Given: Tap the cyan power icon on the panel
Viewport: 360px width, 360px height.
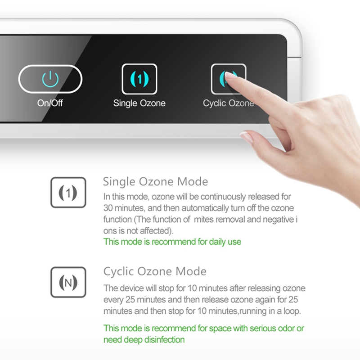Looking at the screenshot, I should tap(50, 79).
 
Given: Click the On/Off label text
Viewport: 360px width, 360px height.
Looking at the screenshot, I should tap(50, 103).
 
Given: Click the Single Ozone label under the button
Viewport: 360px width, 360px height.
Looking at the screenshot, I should tap(139, 103).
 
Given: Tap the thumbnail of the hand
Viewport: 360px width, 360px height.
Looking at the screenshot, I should tap(247, 137).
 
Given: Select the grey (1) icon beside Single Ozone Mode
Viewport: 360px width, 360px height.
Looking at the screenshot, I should tap(68, 193).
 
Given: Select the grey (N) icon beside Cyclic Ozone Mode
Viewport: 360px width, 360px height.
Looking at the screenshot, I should tap(68, 282).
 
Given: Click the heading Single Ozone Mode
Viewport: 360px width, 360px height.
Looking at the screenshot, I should tap(156, 182).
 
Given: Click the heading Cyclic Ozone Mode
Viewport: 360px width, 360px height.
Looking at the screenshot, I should tap(155, 271).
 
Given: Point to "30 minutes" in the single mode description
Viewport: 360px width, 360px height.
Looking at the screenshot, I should tap(124, 208).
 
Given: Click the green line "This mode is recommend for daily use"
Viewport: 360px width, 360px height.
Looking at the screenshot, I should tap(172, 242).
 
